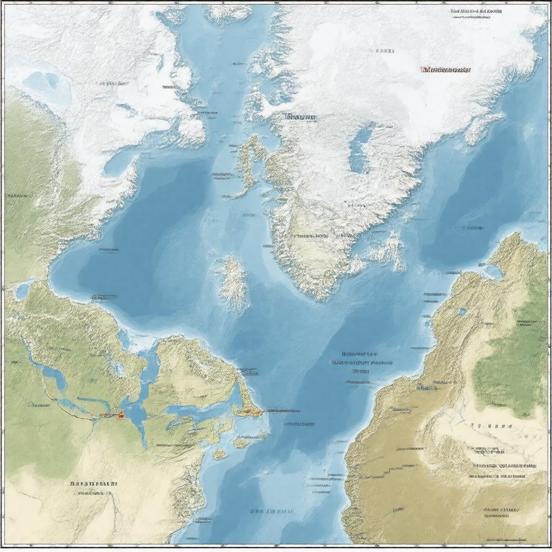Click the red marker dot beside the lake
[x=121, y=415]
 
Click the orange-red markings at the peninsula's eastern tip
[x=250, y=412]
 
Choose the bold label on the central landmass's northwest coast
[x=301, y=116]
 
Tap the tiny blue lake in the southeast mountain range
[x=462, y=312]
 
